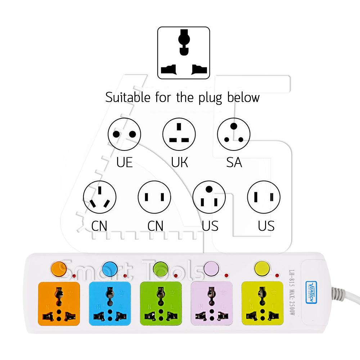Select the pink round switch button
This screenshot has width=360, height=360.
[x=211, y=268]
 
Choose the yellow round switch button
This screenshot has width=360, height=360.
[x=262, y=268]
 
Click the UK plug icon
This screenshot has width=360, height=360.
[x=179, y=134]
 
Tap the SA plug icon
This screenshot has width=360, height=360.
[x=234, y=134]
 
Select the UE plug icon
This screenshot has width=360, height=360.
[x=124, y=134]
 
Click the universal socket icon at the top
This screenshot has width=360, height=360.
[x=184, y=53]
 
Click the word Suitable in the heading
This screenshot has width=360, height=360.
[x=129, y=97]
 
